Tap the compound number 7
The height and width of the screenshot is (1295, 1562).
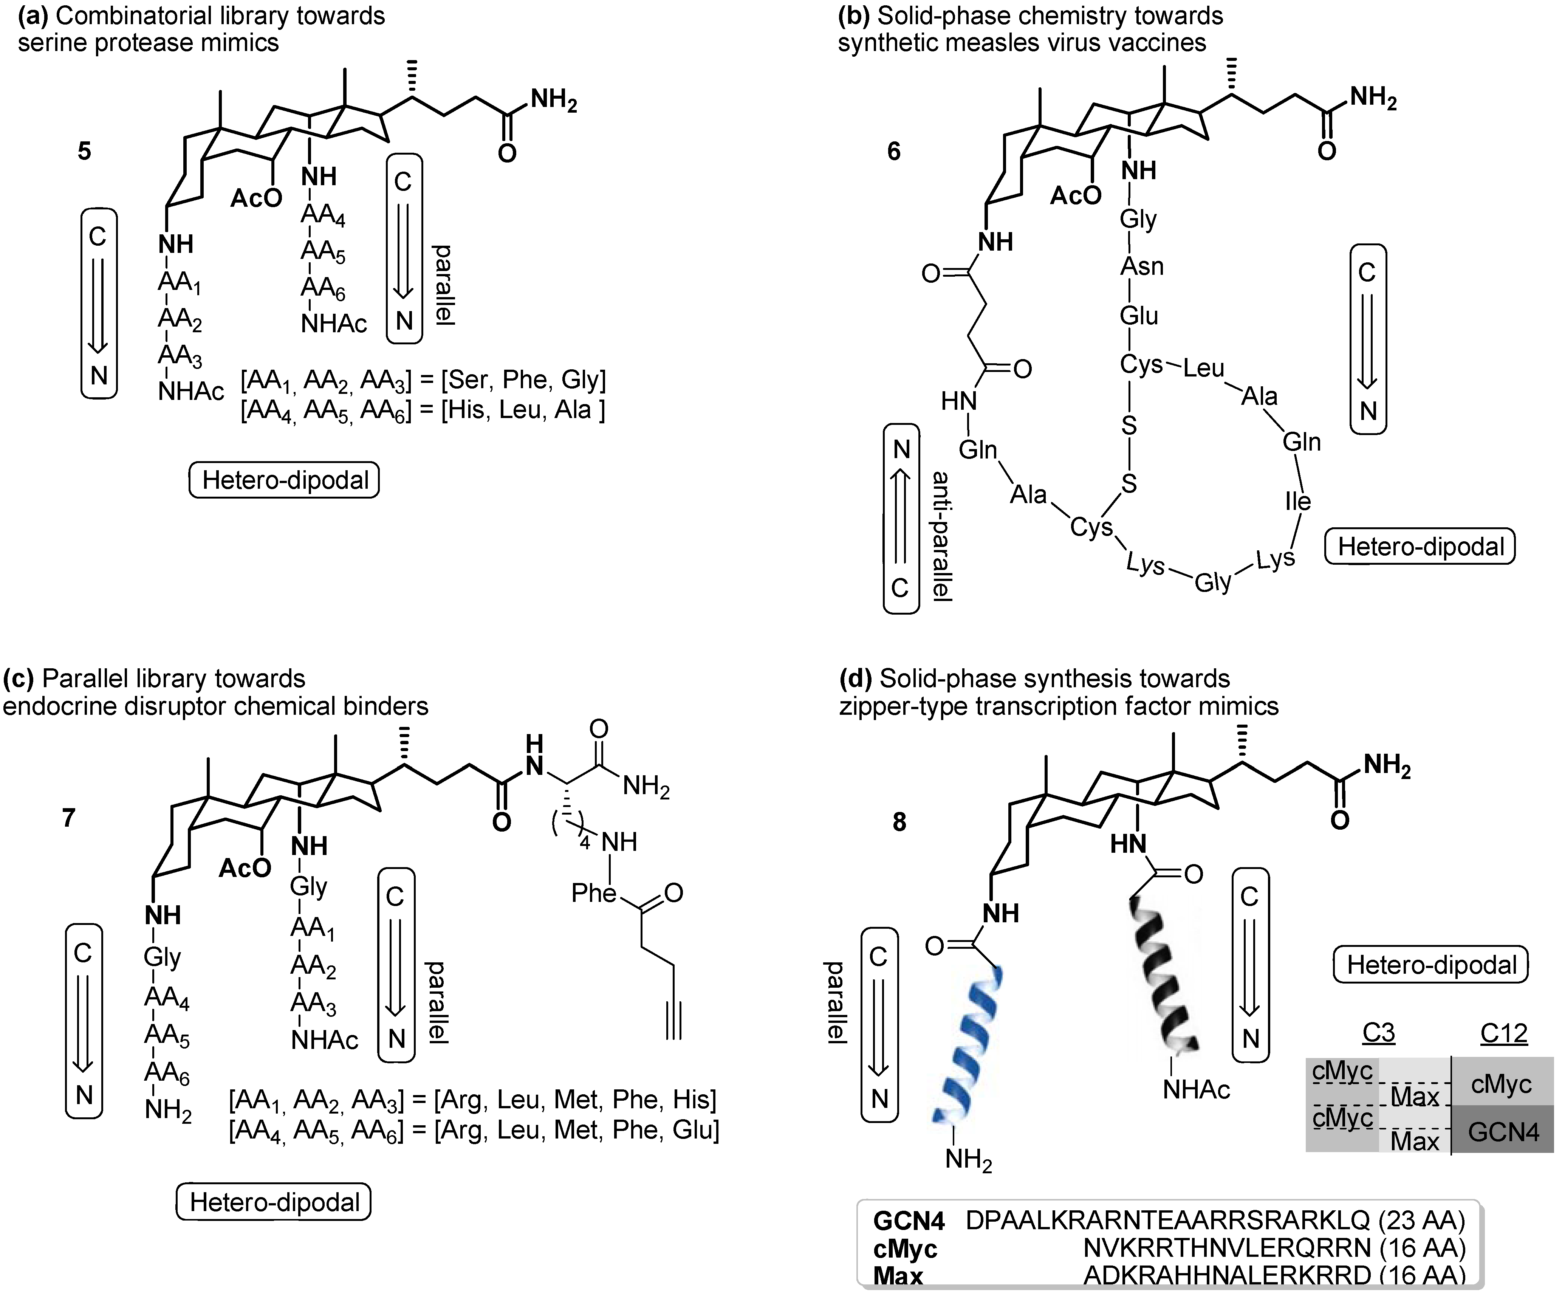click(x=68, y=818)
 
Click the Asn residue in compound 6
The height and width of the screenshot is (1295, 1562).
click(x=1141, y=266)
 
